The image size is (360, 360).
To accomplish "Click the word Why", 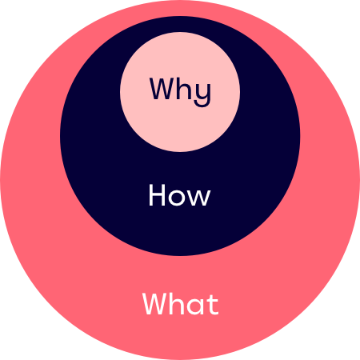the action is (180, 92).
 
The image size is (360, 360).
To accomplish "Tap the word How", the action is (179, 195).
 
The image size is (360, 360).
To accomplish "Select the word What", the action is (181, 303).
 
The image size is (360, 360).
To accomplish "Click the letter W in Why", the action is (162, 89).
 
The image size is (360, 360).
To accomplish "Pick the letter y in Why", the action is (202, 94).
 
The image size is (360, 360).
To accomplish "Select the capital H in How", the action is (157, 195).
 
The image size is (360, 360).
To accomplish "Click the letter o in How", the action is (177, 198).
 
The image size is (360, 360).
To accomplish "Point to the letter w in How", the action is (198, 198).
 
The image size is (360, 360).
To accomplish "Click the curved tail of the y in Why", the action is (202, 105).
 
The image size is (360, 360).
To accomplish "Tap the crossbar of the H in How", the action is (157, 194).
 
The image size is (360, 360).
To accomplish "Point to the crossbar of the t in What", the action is (213, 300).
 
